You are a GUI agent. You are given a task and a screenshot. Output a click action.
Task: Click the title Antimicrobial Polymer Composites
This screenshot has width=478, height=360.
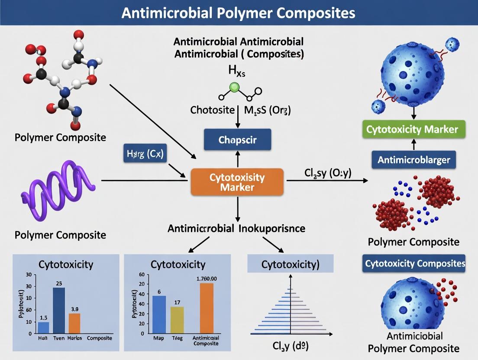click(x=239, y=13)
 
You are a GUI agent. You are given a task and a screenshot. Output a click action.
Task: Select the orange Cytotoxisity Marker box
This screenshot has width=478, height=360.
click(x=237, y=182)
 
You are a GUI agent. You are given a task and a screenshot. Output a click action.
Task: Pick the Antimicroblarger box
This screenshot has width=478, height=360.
click(x=414, y=160)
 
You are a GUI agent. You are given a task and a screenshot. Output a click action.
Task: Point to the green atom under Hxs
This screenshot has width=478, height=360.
click(x=235, y=87)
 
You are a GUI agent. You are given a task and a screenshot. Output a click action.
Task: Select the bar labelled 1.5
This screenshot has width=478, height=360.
click(x=44, y=328)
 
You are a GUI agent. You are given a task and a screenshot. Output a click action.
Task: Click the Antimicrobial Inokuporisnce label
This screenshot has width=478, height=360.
click(x=236, y=229)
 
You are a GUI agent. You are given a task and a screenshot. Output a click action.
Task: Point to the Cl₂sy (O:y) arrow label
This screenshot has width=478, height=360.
click(x=325, y=174)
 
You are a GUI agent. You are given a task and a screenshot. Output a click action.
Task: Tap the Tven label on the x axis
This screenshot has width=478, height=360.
click(x=58, y=338)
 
